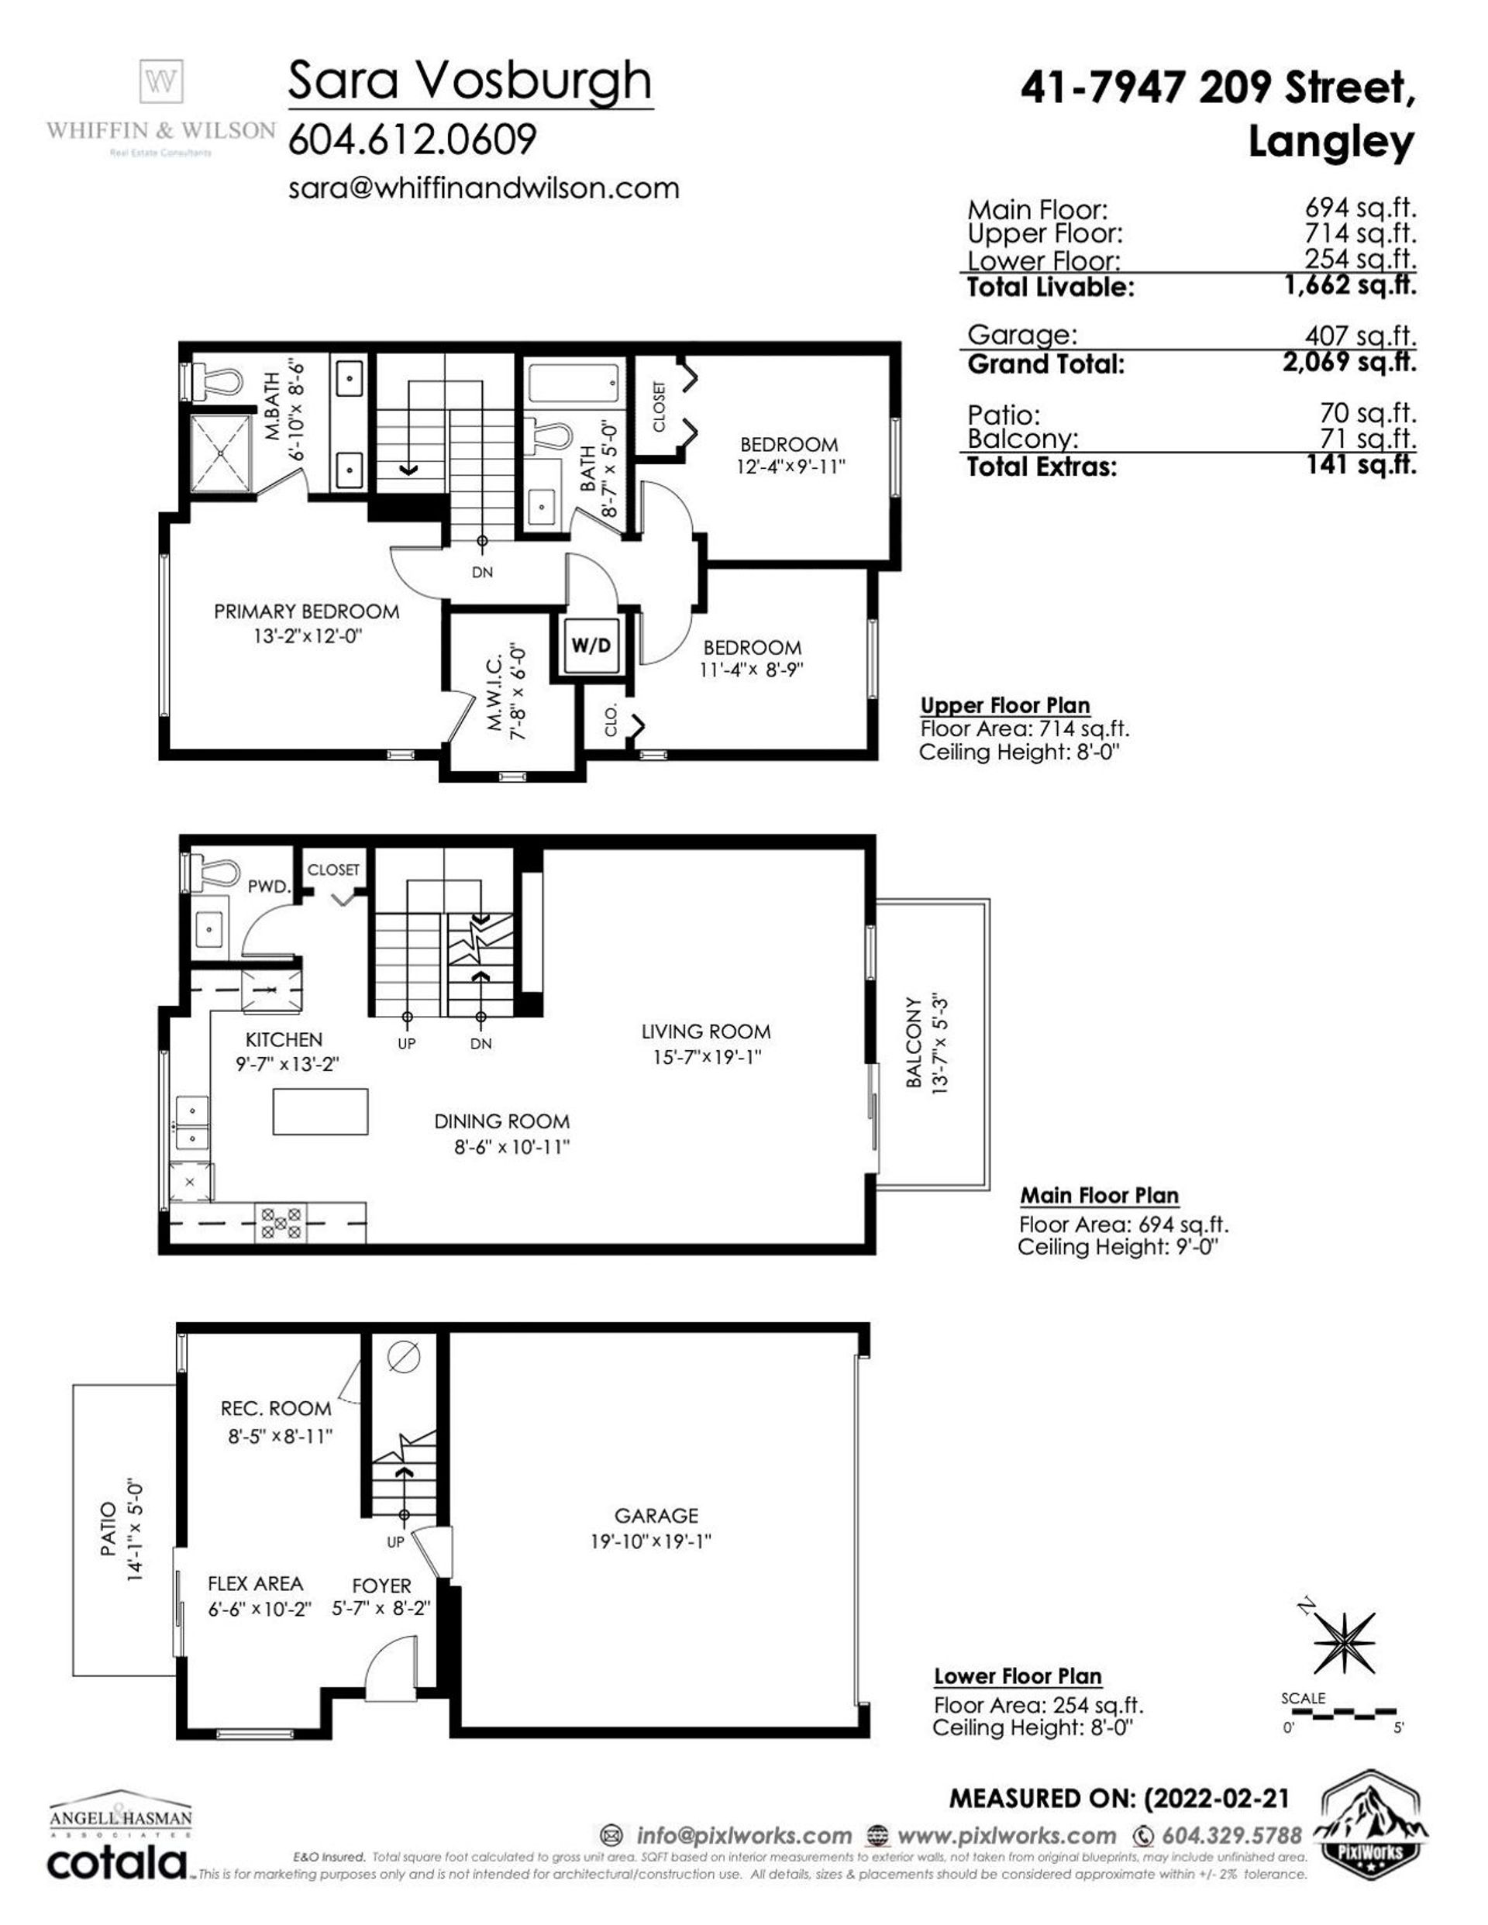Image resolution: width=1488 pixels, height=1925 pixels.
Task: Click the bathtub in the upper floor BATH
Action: click(576, 385)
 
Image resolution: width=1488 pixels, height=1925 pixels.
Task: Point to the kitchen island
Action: click(320, 1111)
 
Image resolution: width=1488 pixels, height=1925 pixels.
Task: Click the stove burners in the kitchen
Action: click(281, 1224)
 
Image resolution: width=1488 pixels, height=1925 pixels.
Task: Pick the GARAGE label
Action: click(656, 1514)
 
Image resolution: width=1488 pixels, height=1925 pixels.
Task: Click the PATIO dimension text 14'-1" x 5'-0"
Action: click(135, 1531)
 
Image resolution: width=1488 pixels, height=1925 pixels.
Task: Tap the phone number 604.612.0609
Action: click(412, 140)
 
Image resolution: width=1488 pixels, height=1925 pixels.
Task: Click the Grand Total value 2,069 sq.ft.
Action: click(1348, 361)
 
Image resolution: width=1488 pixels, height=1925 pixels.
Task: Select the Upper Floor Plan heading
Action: click(1005, 706)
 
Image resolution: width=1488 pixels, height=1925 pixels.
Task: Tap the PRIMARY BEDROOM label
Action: click(306, 611)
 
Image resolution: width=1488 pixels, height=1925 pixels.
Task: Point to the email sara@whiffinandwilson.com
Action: click(483, 188)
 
